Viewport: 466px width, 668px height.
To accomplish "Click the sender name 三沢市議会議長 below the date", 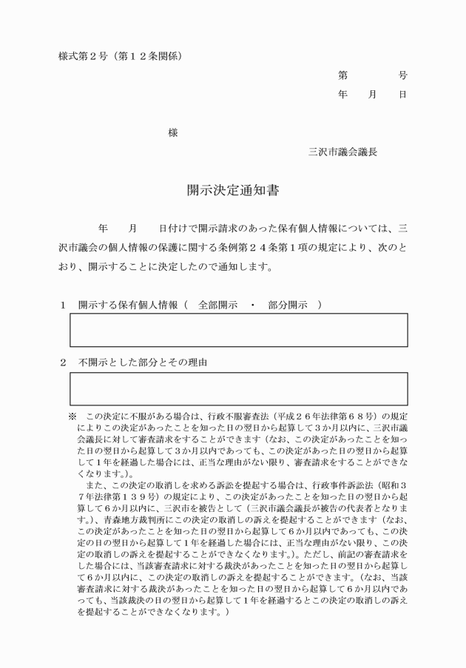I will tap(342, 152).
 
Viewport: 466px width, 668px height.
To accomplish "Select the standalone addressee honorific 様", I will tap(172, 133).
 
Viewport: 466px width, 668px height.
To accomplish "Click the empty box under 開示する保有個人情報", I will tap(238, 330).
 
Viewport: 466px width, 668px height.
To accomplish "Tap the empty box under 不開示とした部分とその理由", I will tap(238, 389).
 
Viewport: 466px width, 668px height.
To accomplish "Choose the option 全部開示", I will tap(217, 304).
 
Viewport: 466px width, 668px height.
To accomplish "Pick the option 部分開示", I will tap(287, 304).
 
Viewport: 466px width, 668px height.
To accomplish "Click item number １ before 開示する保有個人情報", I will tap(64, 304).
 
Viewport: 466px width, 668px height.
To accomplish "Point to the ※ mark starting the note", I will tap(72, 416).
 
